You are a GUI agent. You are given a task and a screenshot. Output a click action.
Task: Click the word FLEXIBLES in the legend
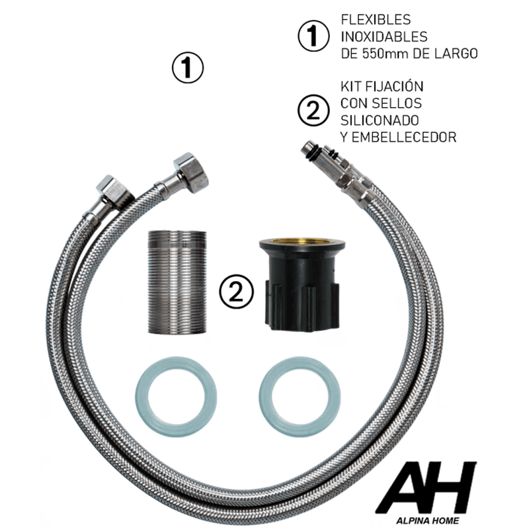pyautogui.click(x=376, y=20)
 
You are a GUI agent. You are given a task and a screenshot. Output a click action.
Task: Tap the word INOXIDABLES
pyautogui.click(x=384, y=36)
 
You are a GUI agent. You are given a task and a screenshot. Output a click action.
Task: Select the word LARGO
pyautogui.click(x=456, y=54)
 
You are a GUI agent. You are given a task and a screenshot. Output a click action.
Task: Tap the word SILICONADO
pyautogui.click(x=380, y=120)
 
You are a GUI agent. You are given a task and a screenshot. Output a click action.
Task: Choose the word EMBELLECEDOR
pyautogui.click(x=404, y=137)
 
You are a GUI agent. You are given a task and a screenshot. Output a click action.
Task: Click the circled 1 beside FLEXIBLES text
pyautogui.click(x=313, y=36)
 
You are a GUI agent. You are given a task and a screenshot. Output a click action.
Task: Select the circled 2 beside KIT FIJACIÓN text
pyautogui.click(x=313, y=110)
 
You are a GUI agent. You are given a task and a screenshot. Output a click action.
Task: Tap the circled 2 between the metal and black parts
pyautogui.click(x=236, y=291)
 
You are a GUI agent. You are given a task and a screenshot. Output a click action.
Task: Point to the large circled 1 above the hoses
pyautogui.click(x=188, y=67)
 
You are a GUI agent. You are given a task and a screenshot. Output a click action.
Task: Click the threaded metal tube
pyautogui.click(x=177, y=282)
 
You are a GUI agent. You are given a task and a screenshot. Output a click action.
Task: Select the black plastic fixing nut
pyautogui.click(x=302, y=285)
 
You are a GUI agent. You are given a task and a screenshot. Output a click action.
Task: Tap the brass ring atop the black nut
pyautogui.click(x=302, y=241)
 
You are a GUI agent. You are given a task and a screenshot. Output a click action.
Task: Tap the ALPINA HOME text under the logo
pyautogui.click(x=427, y=520)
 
